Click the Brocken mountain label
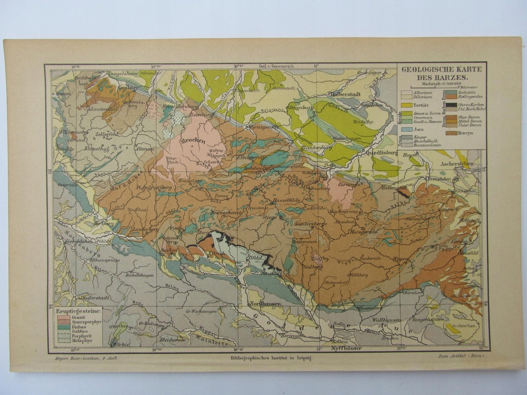coord(193,141)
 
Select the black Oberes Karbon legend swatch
coord(451,105)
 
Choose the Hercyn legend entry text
coord(465,133)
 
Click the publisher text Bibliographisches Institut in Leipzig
coord(271,356)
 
